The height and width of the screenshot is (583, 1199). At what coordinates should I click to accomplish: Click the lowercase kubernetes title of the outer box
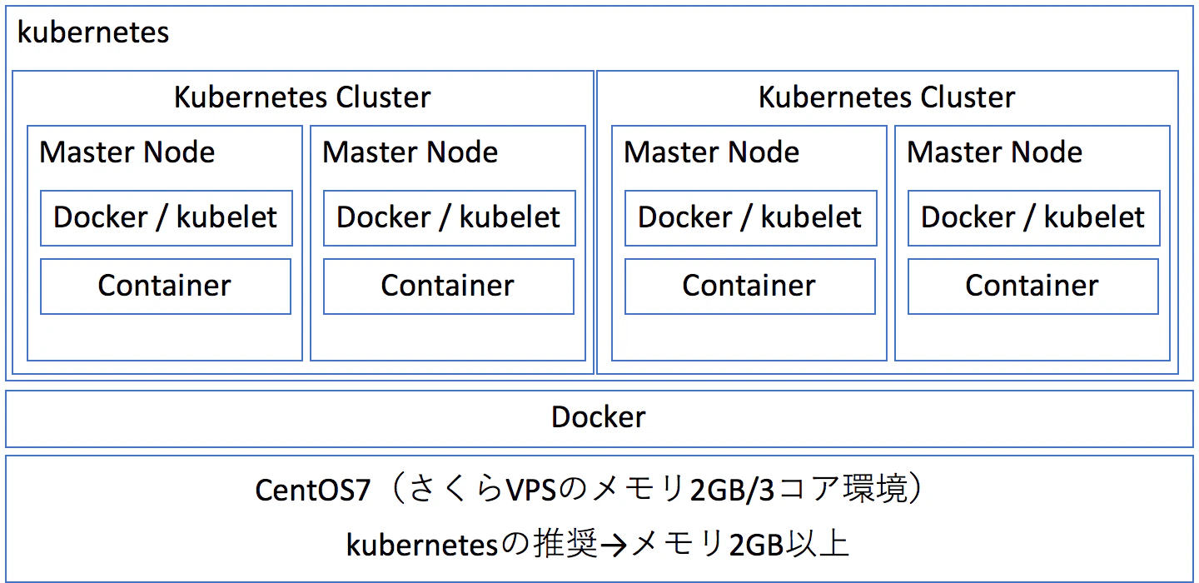coord(93,32)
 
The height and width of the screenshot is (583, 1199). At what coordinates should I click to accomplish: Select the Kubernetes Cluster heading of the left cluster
coord(302,97)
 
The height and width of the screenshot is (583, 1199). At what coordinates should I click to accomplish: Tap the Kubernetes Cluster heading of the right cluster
coord(887,97)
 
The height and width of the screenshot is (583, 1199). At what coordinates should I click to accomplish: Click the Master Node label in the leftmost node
coord(127,152)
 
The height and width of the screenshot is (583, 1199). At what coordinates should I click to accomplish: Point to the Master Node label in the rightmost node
coord(994,152)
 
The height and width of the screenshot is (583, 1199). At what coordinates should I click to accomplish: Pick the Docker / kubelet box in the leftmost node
coord(167,218)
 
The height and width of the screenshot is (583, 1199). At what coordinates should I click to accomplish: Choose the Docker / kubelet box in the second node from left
coord(450,218)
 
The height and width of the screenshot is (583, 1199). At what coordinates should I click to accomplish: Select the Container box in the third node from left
coord(750,287)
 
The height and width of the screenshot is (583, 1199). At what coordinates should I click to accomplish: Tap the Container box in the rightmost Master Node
coord(1033,287)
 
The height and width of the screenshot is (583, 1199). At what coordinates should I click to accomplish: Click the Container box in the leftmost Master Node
coord(166,287)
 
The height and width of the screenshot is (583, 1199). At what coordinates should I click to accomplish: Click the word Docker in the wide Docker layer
coord(599,417)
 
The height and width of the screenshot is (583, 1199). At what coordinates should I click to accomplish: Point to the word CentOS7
coord(312,490)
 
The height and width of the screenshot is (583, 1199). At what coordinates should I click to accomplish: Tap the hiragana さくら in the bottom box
coord(456,489)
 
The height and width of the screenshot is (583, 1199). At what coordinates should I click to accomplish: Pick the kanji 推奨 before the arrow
coord(566,544)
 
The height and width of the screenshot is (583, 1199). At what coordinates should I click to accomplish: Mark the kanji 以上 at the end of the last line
coord(818,544)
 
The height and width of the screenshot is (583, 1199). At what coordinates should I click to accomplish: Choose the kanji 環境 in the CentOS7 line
coord(875,489)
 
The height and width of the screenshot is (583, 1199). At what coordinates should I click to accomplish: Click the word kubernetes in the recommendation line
coord(422,545)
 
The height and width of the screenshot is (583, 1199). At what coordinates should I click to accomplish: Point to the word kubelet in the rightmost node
coord(1094,217)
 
